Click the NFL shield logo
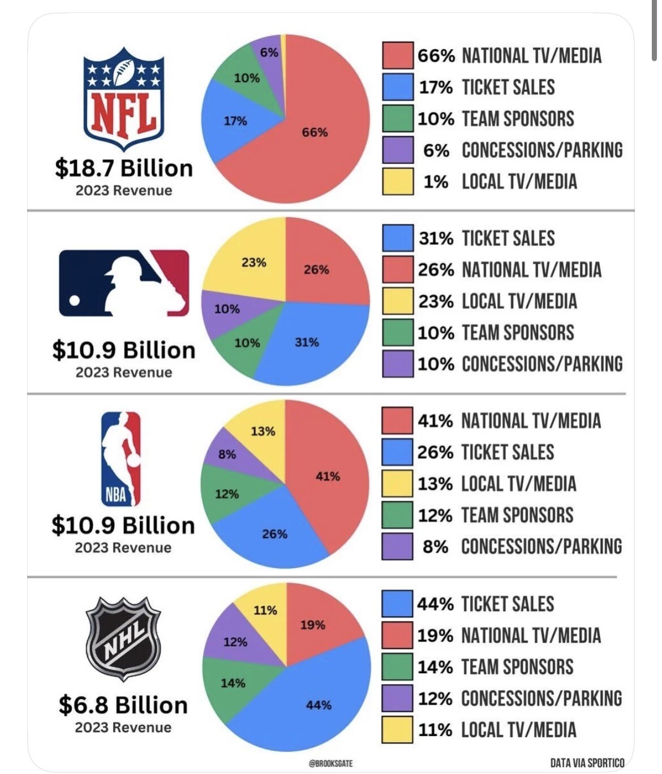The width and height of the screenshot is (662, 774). pyautogui.click(x=124, y=99)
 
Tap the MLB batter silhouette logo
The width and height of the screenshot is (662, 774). pyautogui.click(x=124, y=282)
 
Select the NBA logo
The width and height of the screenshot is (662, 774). pyautogui.click(x=121, y=458)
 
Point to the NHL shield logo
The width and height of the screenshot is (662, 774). pyautogui.click(x=123, y=638)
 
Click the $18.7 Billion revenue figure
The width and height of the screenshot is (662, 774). pyautogui.click(x=124, y=168)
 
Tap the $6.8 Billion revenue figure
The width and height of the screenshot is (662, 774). pyautogui.click(x=123, y=705)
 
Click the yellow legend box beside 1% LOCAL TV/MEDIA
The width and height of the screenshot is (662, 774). pyautogui.click(x=397, y=182)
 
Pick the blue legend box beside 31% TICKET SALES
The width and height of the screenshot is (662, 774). pyautogui.click(x=397, y=238)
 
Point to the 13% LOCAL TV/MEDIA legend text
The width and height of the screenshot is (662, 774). pyautogui.click(x=497, y=484)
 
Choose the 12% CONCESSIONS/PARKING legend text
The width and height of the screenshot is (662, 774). pyautogui.click(x=519, y=698)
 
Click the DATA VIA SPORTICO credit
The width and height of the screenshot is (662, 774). pyautogui.click(x=587, y=763)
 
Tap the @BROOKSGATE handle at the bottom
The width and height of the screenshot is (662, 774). pyautogui.click(x=330, y=763)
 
